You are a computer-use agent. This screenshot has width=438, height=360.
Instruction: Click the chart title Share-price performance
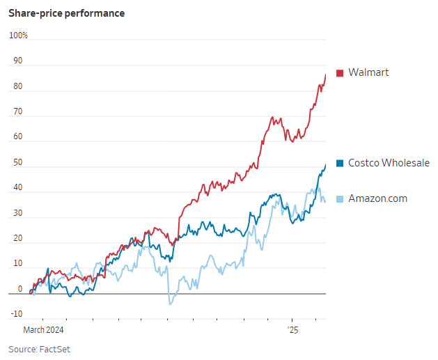tap(67, 13)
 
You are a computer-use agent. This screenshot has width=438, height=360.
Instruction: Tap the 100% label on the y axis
tap(18, 36)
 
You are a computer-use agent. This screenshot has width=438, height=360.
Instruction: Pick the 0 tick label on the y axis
tap(19, 289)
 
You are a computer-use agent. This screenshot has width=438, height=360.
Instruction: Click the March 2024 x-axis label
tap(44, 329)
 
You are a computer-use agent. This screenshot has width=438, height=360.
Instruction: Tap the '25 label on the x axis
tap(292, 329)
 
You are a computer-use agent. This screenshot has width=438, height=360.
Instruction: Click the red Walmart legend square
tap(340, 73)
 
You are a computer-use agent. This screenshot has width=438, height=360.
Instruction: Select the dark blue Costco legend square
tap(340, 164)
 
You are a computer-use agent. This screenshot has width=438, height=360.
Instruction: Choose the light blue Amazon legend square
tap(340, 199)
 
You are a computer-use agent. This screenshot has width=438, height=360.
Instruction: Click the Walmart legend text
tap(368, 72)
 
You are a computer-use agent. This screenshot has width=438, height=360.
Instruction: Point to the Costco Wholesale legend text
tap(389, 163)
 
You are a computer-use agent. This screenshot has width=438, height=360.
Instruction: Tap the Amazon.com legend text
tap(377, 198)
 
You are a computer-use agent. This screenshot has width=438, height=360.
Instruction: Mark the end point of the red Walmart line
tap(326, 75)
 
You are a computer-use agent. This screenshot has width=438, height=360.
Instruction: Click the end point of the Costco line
tap(326, 164)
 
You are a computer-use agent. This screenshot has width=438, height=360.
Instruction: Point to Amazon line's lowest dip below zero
tap(170, 304)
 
